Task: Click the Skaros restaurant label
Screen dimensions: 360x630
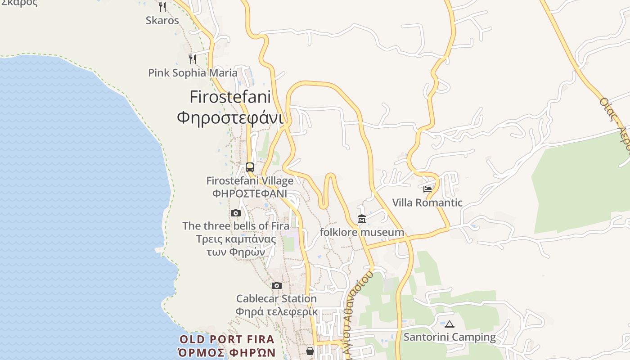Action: pos(162,20)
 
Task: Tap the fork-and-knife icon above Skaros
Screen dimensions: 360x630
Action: pos(162,7)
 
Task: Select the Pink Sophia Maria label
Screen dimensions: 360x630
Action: pos(193,73)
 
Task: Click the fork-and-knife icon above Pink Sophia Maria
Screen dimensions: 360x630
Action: pos(192,59)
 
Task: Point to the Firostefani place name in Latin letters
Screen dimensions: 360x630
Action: pos(230,97)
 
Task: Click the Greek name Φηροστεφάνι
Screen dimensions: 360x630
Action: pos(230,118)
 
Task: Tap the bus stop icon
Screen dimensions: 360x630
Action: pos(250,167)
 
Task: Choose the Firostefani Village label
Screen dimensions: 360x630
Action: pos(250,181)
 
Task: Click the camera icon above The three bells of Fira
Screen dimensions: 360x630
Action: pos(236,213)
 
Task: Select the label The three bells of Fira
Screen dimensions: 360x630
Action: pos(236,226)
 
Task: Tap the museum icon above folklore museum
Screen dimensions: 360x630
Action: pos(362,219)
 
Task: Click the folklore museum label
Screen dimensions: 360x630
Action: pos(362,232)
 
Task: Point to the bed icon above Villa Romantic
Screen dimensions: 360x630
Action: pos(427,189)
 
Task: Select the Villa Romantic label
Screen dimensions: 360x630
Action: pos(427,202)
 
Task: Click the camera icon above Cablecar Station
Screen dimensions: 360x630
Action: pos(277,285)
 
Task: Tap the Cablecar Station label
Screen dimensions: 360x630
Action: pos(276,298)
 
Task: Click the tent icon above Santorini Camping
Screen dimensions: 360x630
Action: pos(450,324)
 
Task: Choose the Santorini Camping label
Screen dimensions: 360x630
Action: pos(449,337)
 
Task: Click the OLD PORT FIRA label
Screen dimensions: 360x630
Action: pos(226,339)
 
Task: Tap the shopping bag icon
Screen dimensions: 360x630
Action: pos(310,351)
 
